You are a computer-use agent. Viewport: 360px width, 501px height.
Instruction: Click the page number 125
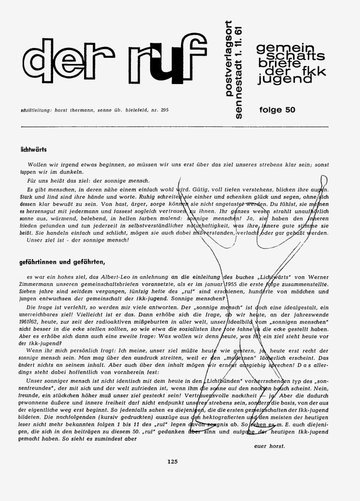click(x=173, y=462)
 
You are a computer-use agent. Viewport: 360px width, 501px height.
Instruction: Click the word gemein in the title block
click(x=279, y=47)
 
